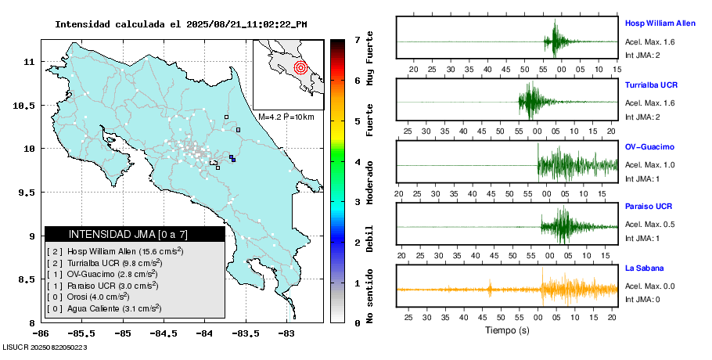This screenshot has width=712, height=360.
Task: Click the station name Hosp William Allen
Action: pyautogui.click(x=660, y=23)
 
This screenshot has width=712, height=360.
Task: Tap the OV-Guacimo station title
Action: pyautogui.click(x=649, y=146)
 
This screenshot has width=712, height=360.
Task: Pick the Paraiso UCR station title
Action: pyautogui.click(x=648, y=207)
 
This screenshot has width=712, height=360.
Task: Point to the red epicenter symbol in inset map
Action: pyautogui.click(x=300, y=67)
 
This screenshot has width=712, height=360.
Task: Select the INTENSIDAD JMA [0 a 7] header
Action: pyautogui.click(x=134, y=234)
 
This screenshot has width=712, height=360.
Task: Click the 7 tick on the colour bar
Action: pyautogui.click(x=357, y=39)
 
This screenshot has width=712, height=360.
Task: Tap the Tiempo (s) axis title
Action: pyautogui.click(x=507, y=331)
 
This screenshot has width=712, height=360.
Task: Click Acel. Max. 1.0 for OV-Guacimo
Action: pyautogui.click(x=649, y=164)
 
